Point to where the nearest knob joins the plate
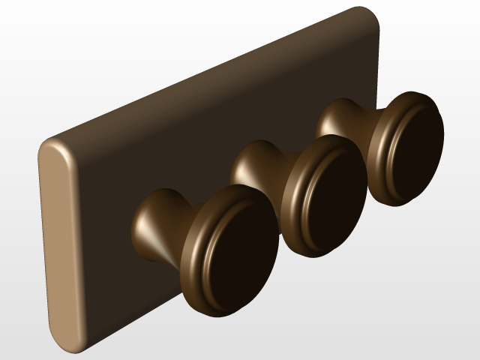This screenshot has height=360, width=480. click(138, 225)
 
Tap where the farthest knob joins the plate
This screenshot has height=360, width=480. click(322, 120)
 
